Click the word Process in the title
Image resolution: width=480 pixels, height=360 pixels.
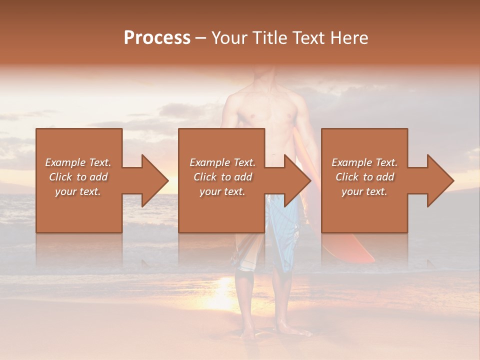pos(157,37)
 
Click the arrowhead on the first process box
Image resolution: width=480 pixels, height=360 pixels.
pos(152,180)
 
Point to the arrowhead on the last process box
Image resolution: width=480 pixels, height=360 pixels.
pos(438,180)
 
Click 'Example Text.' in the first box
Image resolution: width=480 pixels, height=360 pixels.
pos(78,162)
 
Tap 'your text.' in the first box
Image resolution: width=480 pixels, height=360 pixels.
pos(78,191)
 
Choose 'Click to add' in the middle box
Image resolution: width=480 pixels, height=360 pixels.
pos(222,177)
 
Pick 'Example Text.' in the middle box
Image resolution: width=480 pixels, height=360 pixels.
pos(222,162)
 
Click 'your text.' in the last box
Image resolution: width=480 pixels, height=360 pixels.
pos(364,191)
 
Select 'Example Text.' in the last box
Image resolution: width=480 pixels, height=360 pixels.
pos(364,162)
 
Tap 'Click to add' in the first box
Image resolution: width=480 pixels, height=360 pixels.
pos(78,177)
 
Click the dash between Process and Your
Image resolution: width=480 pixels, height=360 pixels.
pos(201,38)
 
